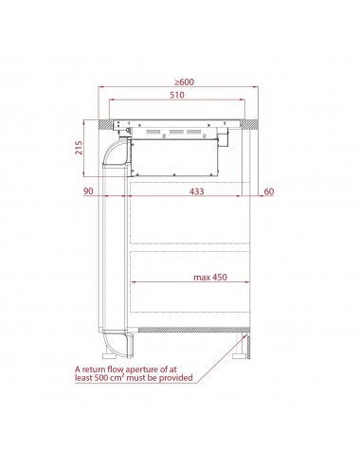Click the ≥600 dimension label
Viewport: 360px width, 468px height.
tap(185, 82)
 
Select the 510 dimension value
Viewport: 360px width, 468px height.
tap(177, 95)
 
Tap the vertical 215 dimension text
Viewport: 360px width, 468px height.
tap(79, 148)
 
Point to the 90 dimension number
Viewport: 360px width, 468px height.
tap(88, 191)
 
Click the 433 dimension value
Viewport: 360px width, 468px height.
tap(197, 191)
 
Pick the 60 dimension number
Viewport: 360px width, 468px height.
tap(269, 191)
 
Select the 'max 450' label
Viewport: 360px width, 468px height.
tap(210, 278)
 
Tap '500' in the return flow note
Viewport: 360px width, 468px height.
tap(101, 378)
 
